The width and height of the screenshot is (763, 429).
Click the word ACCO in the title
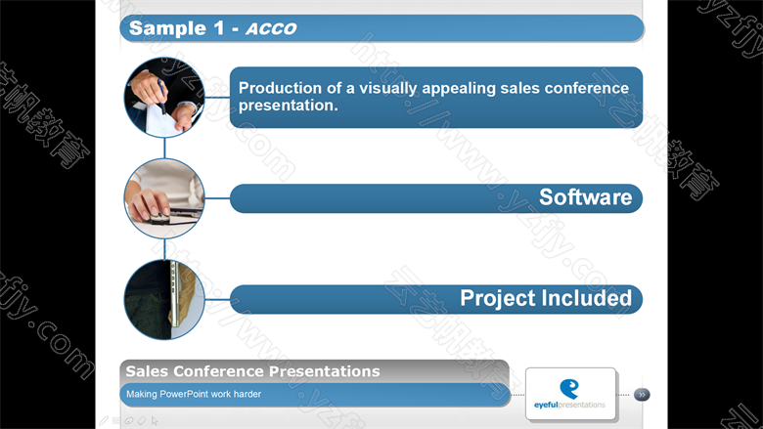271,28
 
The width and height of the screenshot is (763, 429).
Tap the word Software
585,197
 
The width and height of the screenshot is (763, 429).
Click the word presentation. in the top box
288,106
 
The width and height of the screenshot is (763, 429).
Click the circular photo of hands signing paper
164,98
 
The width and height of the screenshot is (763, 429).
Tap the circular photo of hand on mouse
164,198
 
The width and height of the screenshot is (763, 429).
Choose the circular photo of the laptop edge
164,299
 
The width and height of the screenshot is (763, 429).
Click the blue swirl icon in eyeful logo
569,389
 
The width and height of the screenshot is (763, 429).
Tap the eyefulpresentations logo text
569,405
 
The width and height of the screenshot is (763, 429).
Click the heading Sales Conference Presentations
252,371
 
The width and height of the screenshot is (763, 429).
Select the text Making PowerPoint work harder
194,394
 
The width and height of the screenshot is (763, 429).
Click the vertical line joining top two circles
164,149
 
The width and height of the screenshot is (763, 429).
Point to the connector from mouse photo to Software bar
217,198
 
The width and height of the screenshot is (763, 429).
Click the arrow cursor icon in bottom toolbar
155,421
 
